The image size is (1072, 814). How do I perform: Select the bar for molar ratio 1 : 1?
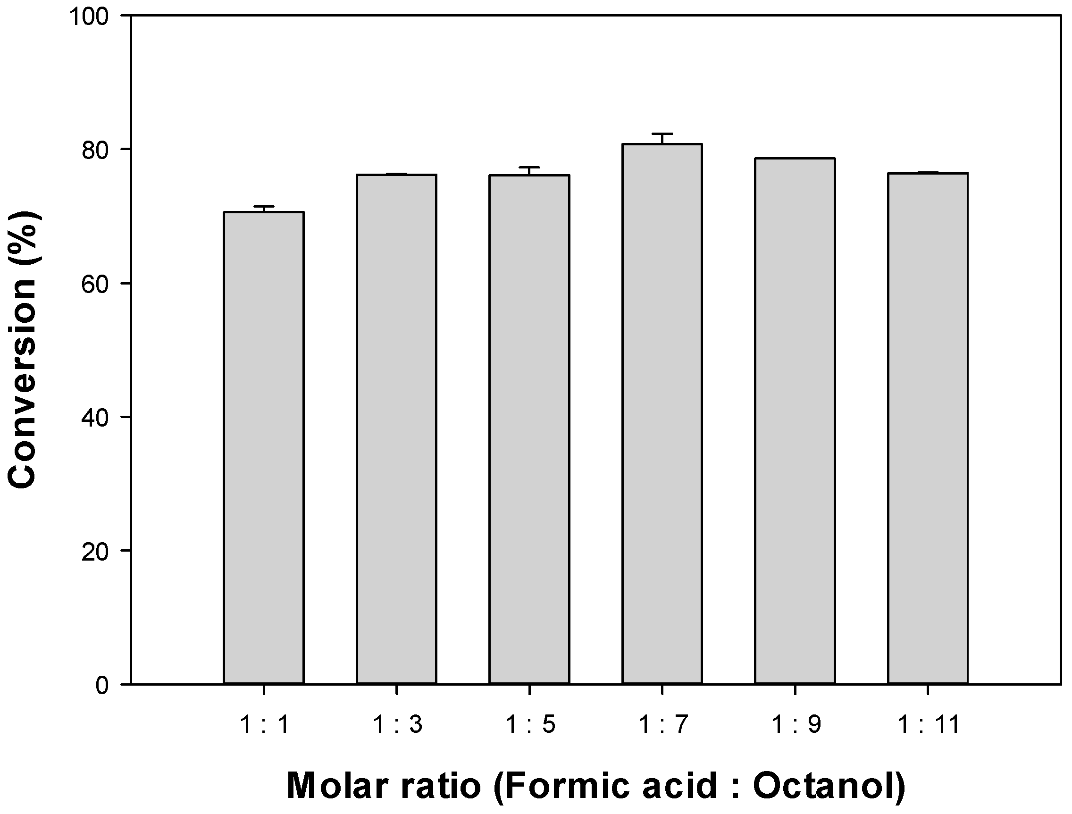pos(264,448)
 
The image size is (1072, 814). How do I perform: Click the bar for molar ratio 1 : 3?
pos(396,429)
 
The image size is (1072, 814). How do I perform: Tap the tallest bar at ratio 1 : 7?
pos(662,414)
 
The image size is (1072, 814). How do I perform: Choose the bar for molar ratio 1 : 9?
pos(795,421)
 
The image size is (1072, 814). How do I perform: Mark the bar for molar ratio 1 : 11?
pos(928,429)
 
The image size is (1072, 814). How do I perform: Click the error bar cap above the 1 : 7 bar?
pos(662,134)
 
